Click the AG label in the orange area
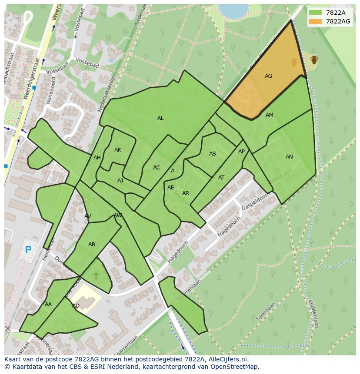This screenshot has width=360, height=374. click(268, 76)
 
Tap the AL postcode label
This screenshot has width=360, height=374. click(160, 118)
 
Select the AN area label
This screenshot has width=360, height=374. click(289, 157)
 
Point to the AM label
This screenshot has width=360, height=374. click(270, 115)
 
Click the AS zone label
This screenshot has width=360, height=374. click(213, 154)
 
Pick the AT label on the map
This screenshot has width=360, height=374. click(221, 178)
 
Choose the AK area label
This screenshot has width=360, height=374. click(118, 150)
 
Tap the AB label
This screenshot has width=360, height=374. click(92, 245)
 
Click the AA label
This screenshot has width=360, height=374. click(48, 304)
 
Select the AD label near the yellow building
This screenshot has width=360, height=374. click(76, 306)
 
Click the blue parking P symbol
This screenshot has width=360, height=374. click(28, 250)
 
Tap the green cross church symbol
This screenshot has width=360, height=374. click(96, 275)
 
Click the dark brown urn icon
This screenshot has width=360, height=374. click(314, 60)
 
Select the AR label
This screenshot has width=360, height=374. click(186, 193)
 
